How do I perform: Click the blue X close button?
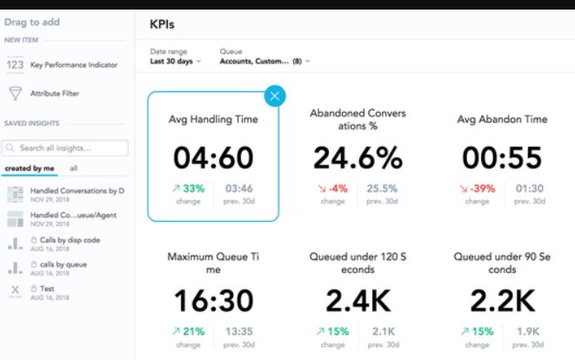276,96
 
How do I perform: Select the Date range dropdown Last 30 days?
176,61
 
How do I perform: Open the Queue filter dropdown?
264,61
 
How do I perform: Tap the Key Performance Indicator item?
74,64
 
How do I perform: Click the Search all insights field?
66,149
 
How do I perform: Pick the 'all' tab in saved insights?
74,168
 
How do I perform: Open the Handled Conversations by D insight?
77,190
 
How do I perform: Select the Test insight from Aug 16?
48,288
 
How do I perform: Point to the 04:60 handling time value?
213,157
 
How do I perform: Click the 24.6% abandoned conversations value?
358,157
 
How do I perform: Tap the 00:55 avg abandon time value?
502,157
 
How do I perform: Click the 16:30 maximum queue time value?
213,300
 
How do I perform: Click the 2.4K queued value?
358,300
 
